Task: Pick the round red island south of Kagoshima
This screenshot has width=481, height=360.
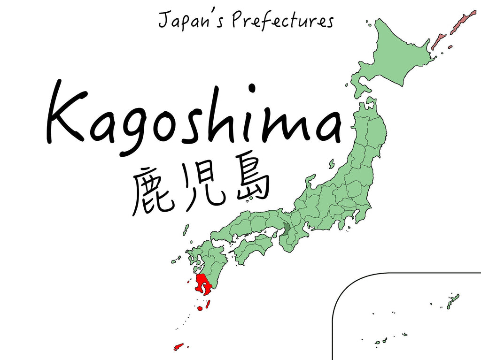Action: [200, 309]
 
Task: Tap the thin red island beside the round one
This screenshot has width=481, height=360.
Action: [207, 304]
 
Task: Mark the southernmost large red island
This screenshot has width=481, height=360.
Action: [178, 347]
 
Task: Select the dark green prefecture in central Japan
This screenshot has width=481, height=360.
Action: [287, 230]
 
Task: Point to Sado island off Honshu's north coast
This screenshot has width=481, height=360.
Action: [331, 164]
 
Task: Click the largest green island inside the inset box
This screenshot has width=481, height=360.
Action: [453, 301]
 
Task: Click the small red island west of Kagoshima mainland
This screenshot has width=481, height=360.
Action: [189, 282]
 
